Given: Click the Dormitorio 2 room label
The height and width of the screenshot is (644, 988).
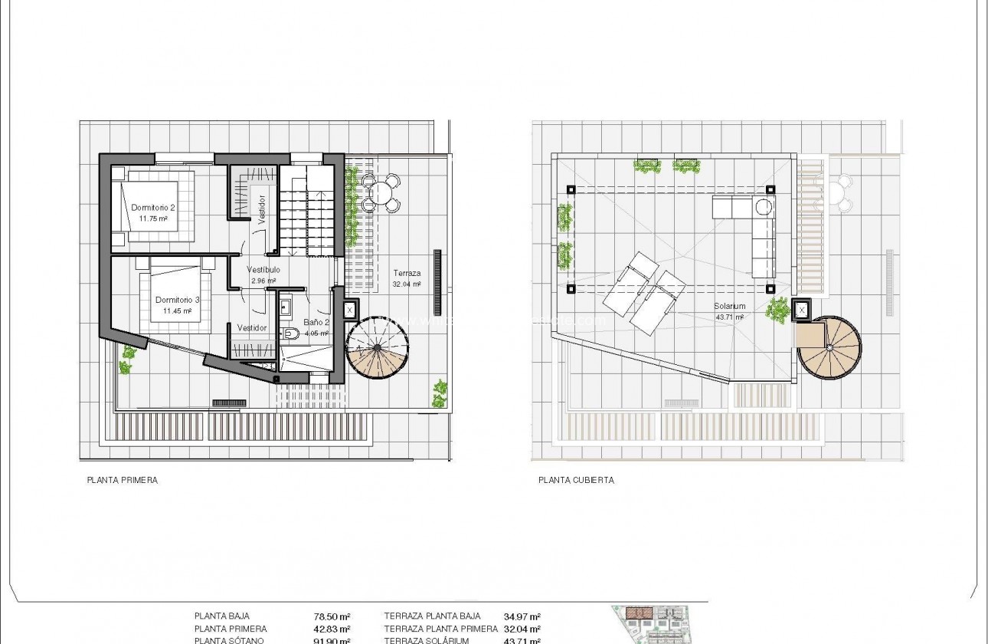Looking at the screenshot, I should click(153, 208).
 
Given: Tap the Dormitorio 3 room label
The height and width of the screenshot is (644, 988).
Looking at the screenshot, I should click(177, 301).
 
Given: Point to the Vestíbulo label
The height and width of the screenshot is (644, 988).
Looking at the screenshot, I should click(263, 270).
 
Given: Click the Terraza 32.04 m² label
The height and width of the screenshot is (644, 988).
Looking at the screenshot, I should click(407, 273).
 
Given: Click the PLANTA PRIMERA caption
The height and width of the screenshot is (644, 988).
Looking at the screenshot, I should click(123, 481).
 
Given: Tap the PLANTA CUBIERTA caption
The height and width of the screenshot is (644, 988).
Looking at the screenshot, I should click(576, 481).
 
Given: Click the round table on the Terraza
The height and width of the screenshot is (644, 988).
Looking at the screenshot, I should click(380, 192).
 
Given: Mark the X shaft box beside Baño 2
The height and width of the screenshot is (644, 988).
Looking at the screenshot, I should click(349, 310).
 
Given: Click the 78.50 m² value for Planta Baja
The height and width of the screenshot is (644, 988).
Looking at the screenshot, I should click(335, 616).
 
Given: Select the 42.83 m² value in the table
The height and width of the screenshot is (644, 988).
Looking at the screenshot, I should click(335, 629).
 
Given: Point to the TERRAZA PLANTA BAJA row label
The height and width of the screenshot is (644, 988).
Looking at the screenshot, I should click(432, 616).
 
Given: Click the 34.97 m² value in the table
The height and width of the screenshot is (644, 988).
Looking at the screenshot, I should click(522, 616).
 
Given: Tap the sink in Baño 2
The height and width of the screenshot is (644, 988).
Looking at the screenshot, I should click(286, 307).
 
